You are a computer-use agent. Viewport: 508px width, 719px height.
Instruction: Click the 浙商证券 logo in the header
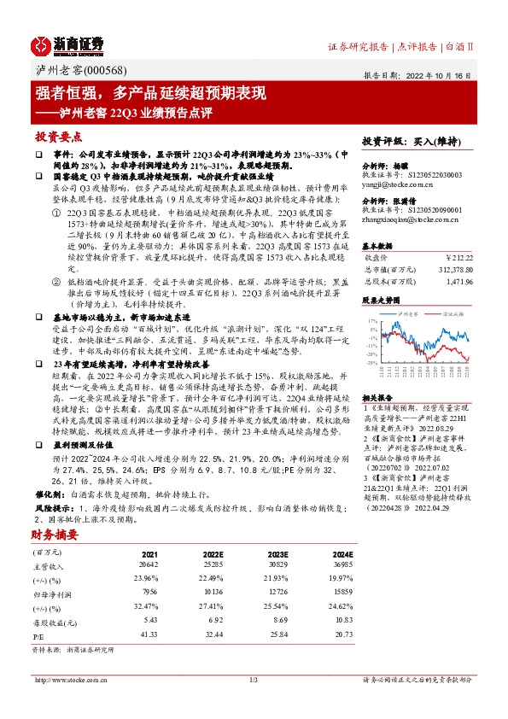[67, 44]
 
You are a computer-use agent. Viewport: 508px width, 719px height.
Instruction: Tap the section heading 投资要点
[57, 136]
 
